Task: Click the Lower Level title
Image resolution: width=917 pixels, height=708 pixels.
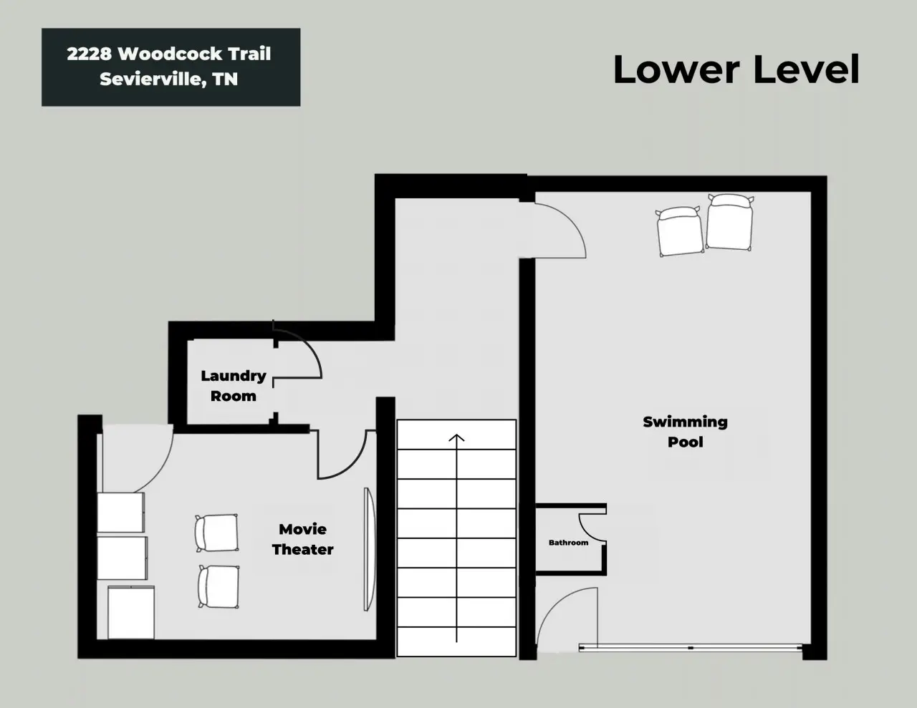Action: [736, 69]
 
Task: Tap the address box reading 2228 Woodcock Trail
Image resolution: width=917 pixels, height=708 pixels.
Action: [171, 67]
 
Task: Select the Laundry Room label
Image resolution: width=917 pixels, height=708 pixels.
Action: [234, 386]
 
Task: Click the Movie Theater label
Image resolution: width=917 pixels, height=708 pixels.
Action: [302, 539]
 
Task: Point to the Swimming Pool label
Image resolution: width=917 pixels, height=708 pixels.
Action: [686, 432]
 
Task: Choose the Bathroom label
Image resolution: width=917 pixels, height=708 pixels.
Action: [568, 543]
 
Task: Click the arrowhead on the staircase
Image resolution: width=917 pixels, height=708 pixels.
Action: [456, 437]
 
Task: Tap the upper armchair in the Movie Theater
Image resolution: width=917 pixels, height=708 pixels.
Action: [216, 533]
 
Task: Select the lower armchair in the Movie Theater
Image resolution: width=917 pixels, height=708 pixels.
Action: [219, 586]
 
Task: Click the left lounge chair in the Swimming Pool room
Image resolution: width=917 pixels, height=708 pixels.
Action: [679, 231]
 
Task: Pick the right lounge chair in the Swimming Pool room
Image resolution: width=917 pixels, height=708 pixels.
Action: [729, 222]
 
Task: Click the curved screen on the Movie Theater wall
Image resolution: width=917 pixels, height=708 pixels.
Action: [369, 549]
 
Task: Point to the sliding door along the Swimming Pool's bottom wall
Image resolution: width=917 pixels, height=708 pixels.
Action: [691, 648]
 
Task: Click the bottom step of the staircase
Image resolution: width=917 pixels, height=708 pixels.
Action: [456, 641]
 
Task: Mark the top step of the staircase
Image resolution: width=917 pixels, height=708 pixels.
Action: [456, 435]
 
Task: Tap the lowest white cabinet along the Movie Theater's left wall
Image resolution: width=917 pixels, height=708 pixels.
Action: [131, 612]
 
